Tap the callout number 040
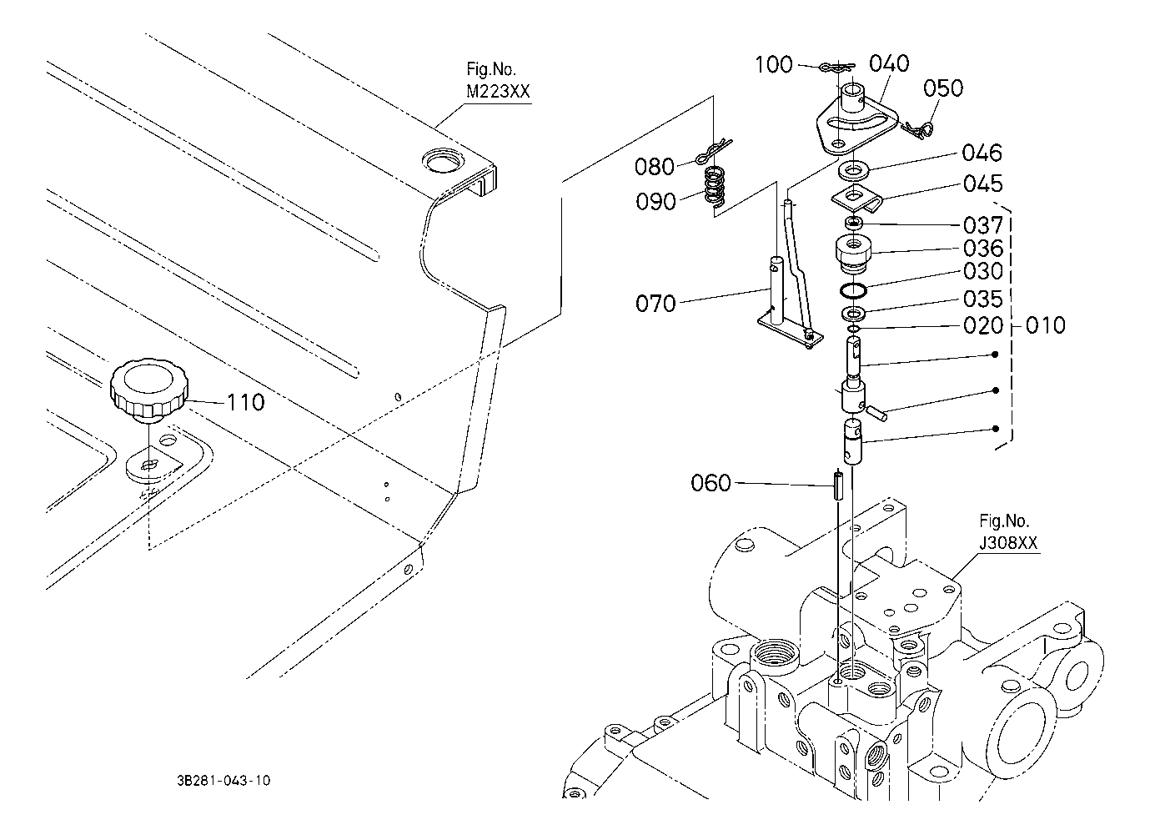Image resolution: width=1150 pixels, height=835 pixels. coord(889,63)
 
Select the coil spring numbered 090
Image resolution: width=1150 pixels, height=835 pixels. coord(715,187)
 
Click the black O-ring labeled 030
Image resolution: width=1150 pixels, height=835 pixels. coord(854,290)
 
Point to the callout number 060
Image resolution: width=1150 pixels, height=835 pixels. coord(711,483)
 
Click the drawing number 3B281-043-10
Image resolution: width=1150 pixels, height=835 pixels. coord(223,780)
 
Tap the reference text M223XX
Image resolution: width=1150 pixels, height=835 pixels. coord(498,92)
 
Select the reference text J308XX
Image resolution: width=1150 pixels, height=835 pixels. coord(1007,543)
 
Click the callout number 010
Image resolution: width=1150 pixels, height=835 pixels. coord(1046,325)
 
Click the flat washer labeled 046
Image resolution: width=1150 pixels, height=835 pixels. coord(854,170)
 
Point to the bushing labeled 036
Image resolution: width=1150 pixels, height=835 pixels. coord(854,254)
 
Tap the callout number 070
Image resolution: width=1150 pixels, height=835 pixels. coord(655,304)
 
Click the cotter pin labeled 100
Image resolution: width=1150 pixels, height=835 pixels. coord(836,67)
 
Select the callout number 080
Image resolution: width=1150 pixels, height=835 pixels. coord(655,167)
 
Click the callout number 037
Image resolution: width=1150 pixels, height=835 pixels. coord(983,225)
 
